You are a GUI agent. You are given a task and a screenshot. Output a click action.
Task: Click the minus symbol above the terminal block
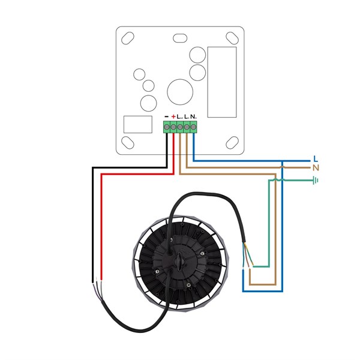click(166, 116)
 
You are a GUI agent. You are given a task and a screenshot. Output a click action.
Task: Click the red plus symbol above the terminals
click(173, 116)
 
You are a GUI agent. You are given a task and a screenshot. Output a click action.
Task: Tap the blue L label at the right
click(316, 159)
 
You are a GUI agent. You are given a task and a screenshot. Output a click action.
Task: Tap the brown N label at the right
click(316, 168)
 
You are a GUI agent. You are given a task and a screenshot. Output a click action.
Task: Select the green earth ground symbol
click(314, 179)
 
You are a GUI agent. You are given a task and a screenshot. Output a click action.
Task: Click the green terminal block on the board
click(180, 126)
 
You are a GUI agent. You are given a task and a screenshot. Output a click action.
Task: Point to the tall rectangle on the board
click(221, 82)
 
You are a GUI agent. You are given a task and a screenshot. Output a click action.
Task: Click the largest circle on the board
click(178, 92)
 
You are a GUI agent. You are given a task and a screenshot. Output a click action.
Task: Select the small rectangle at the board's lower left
click(137, 124)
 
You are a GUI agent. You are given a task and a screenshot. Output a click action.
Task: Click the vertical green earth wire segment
click(268, 222)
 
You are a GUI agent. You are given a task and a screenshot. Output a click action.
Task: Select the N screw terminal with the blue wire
click(194, 126)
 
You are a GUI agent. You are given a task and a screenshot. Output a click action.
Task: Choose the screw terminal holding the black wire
click(166, 126)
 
